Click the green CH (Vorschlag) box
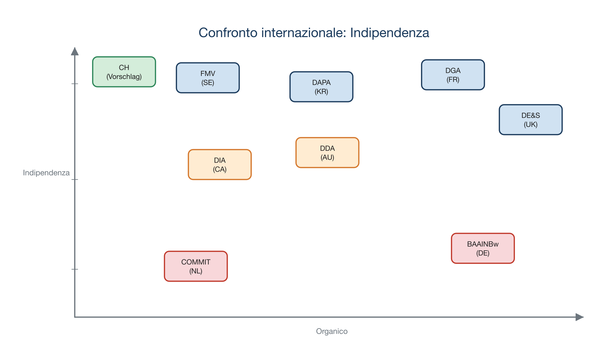[124, 72]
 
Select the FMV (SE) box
[208, 78]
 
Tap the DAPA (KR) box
[321, 87]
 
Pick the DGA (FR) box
[453, 75]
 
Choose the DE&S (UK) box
[531, 120]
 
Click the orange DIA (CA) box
[220, 165]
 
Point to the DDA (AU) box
[327, 153]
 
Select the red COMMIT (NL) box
[196, 266]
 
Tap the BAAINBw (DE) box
[483, 248]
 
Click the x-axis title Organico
[332, 331]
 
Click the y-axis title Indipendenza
[46, 173]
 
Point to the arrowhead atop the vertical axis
[75, 51]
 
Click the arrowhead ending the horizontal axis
[579, 317]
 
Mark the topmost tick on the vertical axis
[75, 84]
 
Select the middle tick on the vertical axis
[75, 179]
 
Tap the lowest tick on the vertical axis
[75, 269]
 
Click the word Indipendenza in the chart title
[389, 33]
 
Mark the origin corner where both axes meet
[75, 317]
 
